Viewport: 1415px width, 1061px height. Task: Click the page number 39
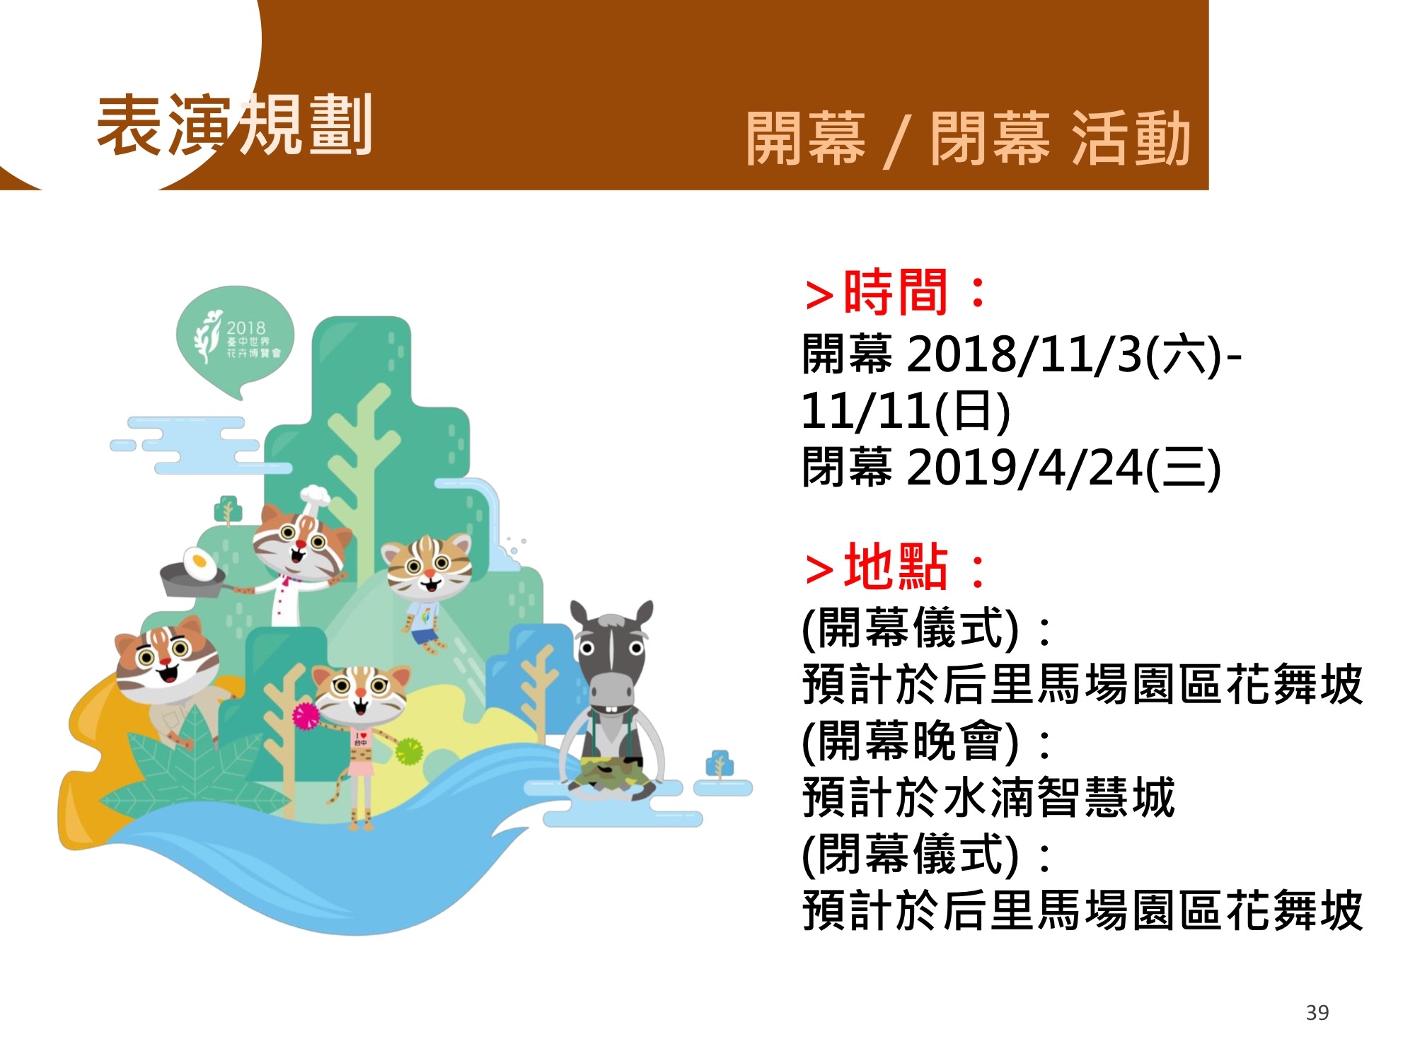[x=1317, y=1013]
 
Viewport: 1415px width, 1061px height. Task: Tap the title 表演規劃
[x=234, y=125]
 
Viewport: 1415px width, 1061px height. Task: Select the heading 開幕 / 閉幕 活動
[x=969, y=139]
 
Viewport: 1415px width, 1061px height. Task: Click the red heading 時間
[x=896, y=292]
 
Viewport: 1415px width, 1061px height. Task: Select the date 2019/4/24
[x=1024, y=468]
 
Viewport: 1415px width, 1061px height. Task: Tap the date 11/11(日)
[x=906, y=411]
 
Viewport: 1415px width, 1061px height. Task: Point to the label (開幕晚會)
[x=911, y=741]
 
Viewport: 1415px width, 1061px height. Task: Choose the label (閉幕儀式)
[x=911, y=854]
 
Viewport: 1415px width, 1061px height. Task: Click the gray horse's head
[x=612, y=658]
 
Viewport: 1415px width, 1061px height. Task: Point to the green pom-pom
[x=408, y=751]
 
